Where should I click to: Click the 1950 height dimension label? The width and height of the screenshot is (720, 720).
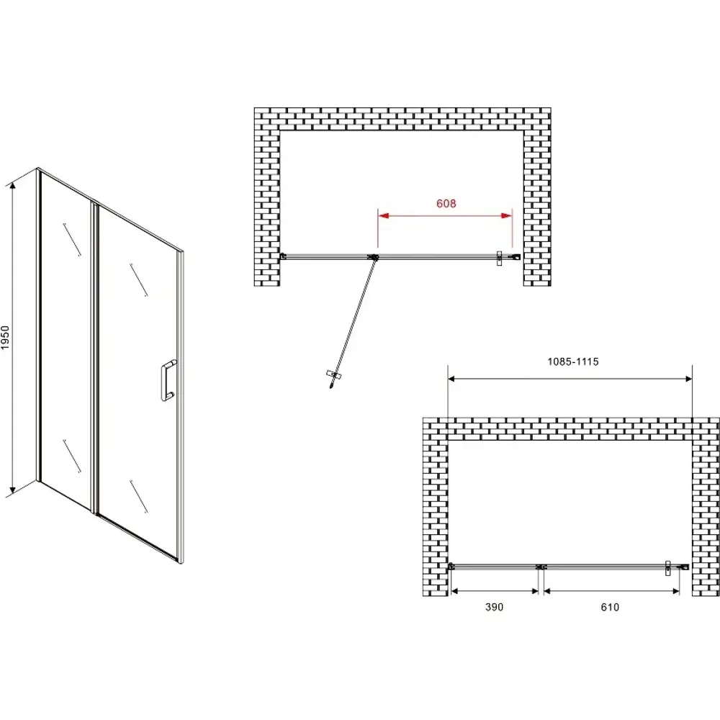coord(5,338)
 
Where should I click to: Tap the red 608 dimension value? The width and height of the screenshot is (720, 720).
coord(446,204)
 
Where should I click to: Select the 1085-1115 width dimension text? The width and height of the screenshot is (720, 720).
coord(572,362)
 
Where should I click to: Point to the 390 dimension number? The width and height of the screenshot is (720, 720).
coord(494,607)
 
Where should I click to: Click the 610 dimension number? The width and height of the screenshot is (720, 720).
coord(610,607)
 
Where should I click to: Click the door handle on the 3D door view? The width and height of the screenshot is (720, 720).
coord(168,381)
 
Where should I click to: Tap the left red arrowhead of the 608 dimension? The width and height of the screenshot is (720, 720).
coord(384,215)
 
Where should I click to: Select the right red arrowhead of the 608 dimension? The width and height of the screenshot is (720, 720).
coord(506,215)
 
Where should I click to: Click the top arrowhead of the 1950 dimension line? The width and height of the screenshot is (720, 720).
coord(13,185)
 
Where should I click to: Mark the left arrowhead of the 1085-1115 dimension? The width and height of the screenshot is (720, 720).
coord(451,379)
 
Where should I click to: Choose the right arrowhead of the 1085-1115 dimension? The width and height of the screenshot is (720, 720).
coord(689,379)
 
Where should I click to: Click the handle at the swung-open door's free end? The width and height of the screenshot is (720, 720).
coord(335,375)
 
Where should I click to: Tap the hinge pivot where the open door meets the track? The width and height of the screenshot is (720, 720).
coord(375,258)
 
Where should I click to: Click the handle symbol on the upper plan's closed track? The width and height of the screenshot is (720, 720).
coord(500,258)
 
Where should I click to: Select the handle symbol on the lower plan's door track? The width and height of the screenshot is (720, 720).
coord(669,568)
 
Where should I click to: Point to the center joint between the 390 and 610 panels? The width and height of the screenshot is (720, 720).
coord(541,567)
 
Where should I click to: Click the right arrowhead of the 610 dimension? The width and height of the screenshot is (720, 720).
coord(676,591)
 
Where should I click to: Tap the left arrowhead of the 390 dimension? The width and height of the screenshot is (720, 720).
coord(454,591)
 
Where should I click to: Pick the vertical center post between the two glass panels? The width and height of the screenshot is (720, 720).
coord(95,357)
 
